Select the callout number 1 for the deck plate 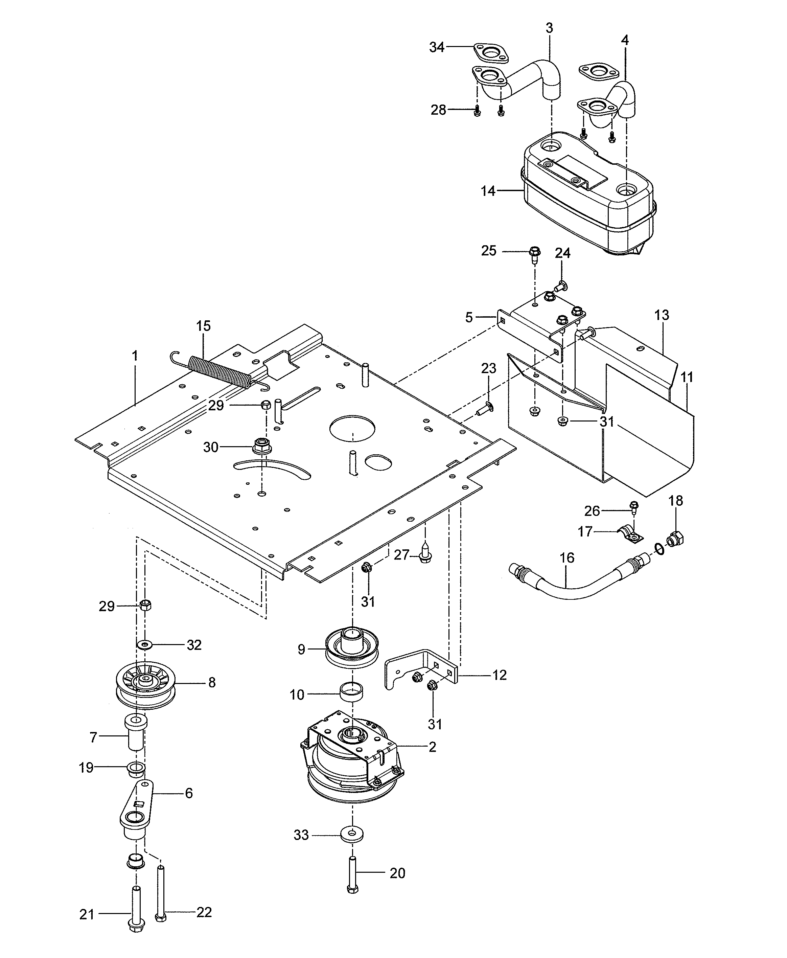135,356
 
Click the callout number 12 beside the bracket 499,675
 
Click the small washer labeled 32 145,644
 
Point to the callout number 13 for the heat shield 662,315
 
